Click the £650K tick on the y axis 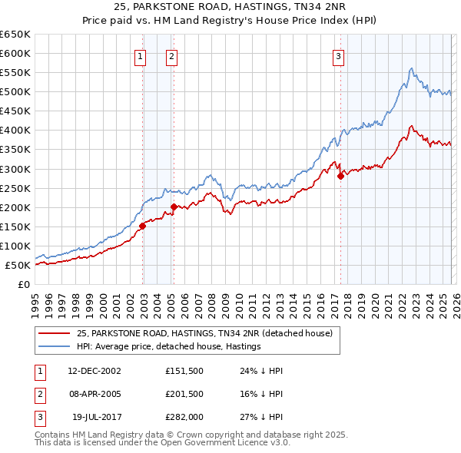(15, 35)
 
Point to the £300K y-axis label (15, 169)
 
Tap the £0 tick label (24, 285)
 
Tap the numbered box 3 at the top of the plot (338, 55)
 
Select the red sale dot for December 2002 (143, 226)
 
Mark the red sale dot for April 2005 (174, 207)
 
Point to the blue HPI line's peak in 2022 (412, 69)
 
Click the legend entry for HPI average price (168, 346)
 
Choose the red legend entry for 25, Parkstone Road (204, 333)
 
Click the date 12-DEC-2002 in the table (95, 371)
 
